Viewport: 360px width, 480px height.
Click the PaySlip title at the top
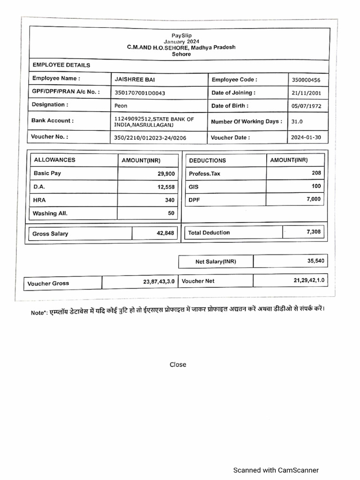tap(181, 36)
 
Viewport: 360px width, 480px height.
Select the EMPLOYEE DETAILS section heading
tap(61, 65)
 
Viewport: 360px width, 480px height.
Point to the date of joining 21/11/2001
tap(306, 93)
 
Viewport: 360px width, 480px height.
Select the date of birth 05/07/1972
tap(306, 106)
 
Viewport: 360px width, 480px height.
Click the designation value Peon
tap(121, 106)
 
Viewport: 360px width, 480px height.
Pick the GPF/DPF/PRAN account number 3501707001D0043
tap(140, 93)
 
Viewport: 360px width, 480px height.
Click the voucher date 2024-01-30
tap(307, 138)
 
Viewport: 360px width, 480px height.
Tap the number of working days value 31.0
tap(297, 121)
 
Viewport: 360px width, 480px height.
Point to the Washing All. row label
tap(50, 213)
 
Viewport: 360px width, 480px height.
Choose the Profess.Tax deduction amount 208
tap(316, 173)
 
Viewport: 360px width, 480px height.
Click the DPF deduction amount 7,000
tap(314, 199)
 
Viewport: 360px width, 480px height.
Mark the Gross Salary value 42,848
tap(165, 233)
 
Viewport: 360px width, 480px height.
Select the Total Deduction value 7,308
tap(314, 232)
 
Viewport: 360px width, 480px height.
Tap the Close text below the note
tap(178, 365)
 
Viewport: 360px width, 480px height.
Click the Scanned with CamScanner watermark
tap(276, 470)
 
